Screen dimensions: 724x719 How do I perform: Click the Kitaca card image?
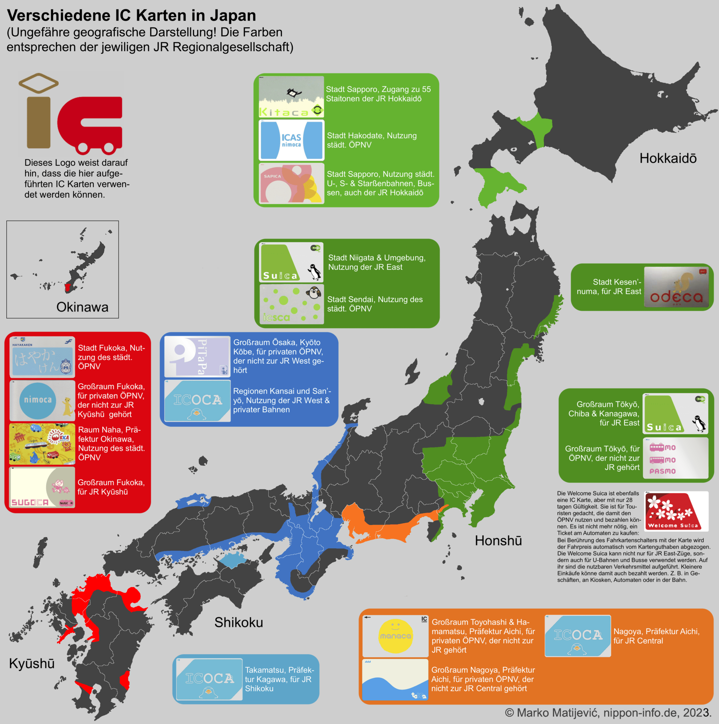point(291,97)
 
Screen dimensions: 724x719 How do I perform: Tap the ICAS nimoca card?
point(291,140)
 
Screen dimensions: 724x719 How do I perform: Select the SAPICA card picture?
point(291,183)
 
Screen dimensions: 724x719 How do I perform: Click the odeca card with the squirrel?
point(676,287)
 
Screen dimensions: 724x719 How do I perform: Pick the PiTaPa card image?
point(197,356)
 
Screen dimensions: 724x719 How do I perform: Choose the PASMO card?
point(676,458)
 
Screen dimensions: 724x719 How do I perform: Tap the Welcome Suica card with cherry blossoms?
point(676,511)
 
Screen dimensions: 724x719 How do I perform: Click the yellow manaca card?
point(395,636)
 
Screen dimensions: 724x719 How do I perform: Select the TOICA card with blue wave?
point(395,679)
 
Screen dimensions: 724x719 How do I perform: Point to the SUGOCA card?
point(42,487)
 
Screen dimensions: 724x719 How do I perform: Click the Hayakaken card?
point(42,357)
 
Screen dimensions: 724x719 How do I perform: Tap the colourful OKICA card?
point(42,444)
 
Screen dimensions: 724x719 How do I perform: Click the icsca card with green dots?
point(292,304)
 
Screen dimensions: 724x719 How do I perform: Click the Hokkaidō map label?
point(668,158)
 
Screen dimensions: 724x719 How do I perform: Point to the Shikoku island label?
point(238,623)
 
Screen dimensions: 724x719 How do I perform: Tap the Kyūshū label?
point(32,663)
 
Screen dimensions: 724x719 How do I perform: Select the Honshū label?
point(498,541)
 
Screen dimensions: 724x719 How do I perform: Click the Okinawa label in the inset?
point(82,307)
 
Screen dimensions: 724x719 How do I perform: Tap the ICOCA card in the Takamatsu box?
point(209,679)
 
